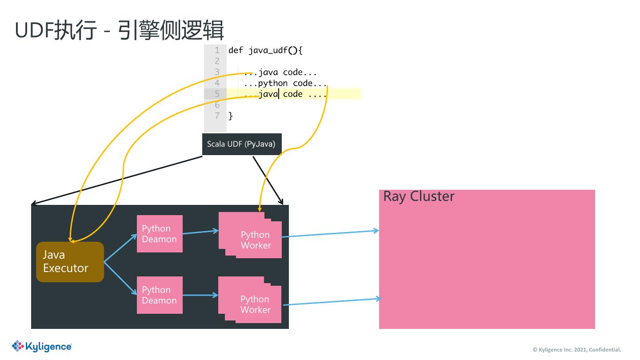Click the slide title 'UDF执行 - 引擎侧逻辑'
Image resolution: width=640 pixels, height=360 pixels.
119,30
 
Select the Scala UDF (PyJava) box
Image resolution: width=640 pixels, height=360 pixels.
241,144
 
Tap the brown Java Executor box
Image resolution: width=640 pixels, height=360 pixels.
70,262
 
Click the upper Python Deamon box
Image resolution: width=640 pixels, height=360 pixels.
160,234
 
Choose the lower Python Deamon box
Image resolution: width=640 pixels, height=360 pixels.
160,295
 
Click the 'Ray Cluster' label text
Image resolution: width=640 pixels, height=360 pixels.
419,196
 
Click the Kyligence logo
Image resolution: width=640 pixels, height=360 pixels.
42,346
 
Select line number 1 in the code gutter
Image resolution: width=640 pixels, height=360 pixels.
217,50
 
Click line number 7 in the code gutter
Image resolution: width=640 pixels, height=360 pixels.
217,116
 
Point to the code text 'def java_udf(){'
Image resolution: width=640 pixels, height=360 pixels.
265,50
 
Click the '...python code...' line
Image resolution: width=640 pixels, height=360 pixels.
285,83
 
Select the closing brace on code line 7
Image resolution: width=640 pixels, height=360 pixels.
231,116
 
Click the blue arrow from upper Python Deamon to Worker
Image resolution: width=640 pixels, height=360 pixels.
200,232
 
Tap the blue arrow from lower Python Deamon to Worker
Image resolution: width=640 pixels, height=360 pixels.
200,295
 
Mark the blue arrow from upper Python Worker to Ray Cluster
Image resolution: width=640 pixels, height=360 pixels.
330,234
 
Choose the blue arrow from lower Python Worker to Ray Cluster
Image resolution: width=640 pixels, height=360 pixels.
331,302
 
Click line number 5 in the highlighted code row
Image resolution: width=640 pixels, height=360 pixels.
217,94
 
